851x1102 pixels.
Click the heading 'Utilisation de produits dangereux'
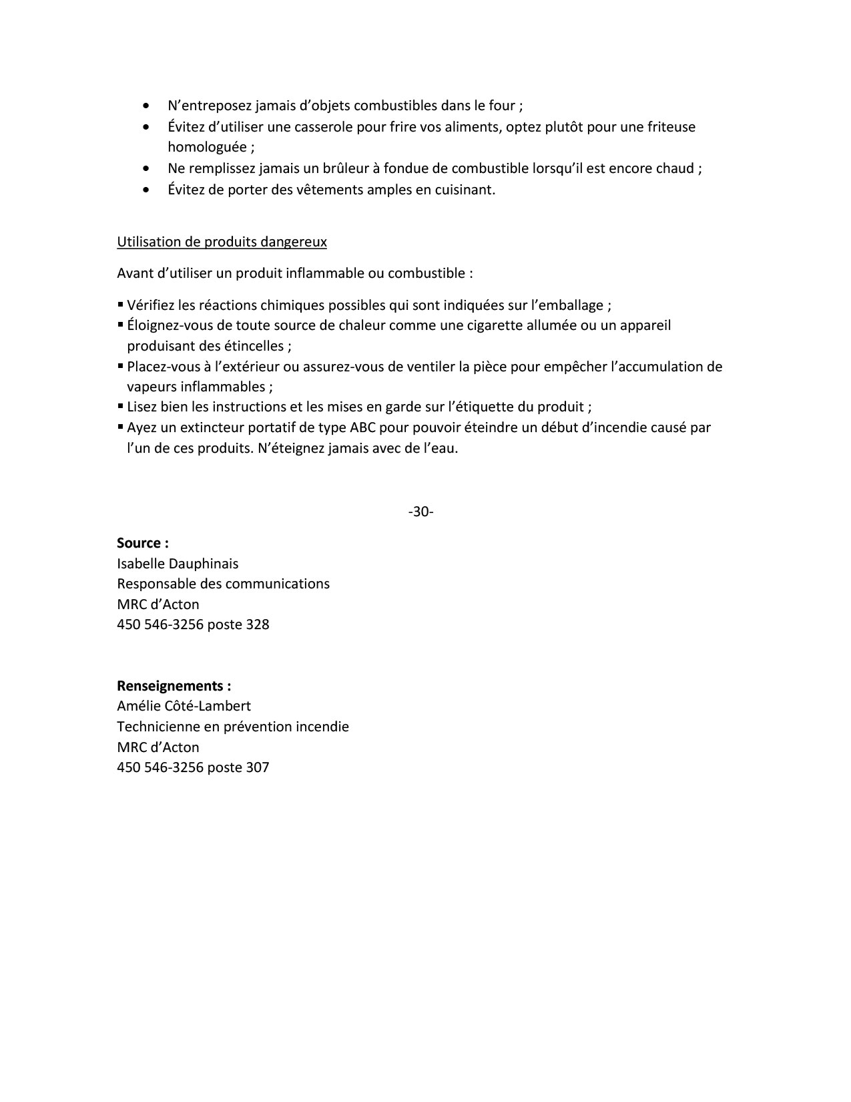[x=222, y=242]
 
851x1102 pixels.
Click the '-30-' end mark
[x=420, y=512]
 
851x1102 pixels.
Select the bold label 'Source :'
[x=142, y=543]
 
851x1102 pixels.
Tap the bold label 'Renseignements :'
[x=174, y=686]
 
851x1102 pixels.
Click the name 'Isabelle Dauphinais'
[x=178, y=564]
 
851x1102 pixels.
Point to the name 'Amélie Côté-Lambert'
[x=184, y=706]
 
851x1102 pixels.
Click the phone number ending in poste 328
[x=193, y=624]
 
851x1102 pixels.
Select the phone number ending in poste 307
[x=193, y=767]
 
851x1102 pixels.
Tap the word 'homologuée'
[x=207, y=148]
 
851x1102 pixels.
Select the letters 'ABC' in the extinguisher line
[x=363, y=427]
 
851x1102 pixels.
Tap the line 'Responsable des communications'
[x=223, y=584]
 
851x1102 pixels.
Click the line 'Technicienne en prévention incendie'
[x=233, y=727]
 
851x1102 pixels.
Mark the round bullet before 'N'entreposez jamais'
[x=146, y=106]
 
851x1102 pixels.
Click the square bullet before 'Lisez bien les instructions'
[x=121, y=406]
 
